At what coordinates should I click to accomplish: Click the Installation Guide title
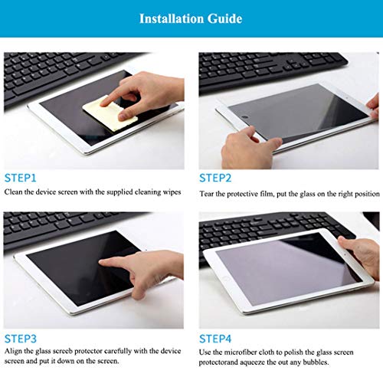click(191, 18)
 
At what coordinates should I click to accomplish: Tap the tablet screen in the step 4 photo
click(283, 268)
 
